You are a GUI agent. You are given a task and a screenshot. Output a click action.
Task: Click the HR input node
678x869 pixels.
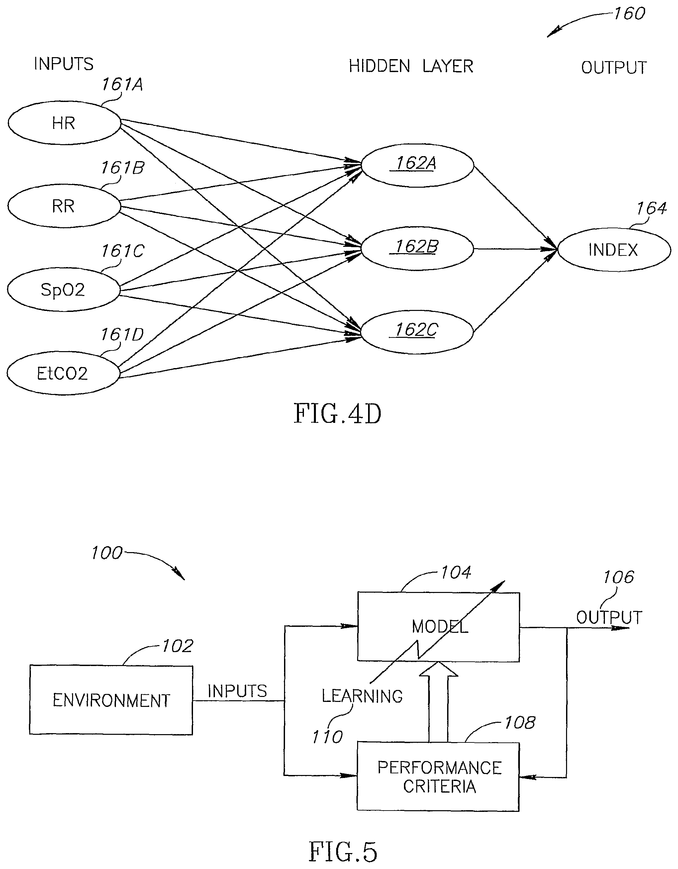[64, 123]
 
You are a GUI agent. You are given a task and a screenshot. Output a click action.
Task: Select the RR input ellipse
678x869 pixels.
[64, 206]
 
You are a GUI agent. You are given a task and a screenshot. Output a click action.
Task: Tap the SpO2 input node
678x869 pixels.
[63, 290]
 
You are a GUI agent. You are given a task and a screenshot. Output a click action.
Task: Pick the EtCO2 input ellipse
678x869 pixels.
[63, 373]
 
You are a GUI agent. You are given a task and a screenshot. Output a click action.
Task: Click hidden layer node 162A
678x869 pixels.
[417, 165]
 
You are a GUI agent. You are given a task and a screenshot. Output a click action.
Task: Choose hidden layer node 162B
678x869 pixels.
[417, 248]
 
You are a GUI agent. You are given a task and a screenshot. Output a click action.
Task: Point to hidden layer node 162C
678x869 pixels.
[417, 332]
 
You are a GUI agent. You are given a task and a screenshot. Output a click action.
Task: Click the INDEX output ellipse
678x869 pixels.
[614, 250]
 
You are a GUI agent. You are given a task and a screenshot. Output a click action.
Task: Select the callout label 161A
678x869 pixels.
[122, 84]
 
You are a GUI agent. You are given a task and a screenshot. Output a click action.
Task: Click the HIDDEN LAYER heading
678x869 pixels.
[411, 66]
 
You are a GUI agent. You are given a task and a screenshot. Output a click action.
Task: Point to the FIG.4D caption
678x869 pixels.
[338, 414]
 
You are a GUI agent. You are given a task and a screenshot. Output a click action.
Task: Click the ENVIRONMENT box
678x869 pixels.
[111, 700]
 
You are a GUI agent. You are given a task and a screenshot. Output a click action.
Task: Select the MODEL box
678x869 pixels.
[438, 627]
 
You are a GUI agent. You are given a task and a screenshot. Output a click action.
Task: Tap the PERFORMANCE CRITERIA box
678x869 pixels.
[438, 777]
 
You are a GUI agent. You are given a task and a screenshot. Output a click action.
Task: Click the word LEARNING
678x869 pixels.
[362, 696]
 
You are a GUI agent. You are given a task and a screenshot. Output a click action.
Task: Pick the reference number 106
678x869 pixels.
[618, 577]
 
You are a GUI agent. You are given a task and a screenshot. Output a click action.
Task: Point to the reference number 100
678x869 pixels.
[107, 553]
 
